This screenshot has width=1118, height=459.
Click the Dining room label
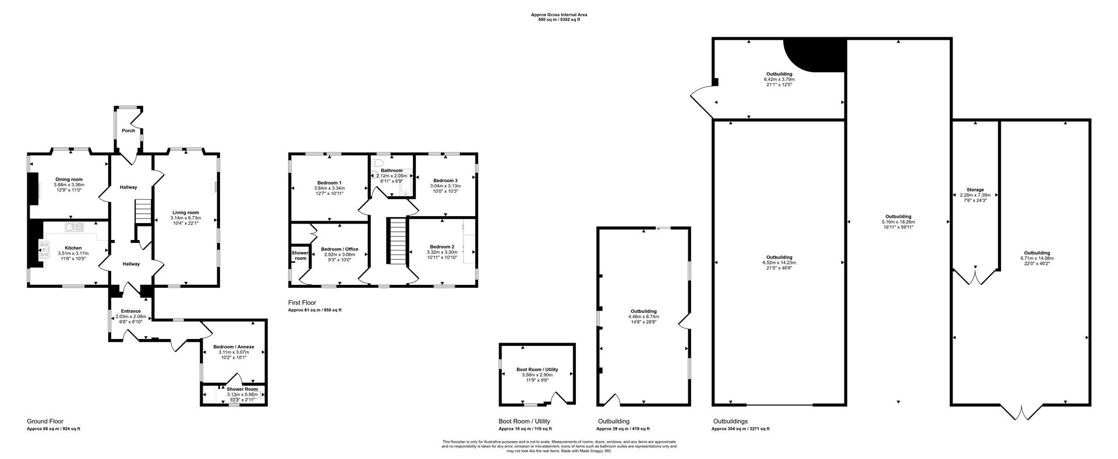click(69, 179)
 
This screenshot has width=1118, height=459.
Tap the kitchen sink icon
click(75, 226)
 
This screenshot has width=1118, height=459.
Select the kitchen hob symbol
click(44, 250)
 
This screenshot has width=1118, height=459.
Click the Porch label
click(128, 130)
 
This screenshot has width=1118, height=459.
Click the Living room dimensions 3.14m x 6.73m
click(185, 218)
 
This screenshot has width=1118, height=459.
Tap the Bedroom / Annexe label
click(233, 347)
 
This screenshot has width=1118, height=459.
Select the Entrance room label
click(130, 311)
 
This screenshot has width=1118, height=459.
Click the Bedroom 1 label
click(329, 183)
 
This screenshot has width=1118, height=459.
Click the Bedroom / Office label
click(339, 249)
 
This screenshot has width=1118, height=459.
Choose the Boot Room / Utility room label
click(537, 369)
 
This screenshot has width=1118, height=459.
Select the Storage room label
click(975, 190)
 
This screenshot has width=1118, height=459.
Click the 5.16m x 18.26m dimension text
click(898, 222)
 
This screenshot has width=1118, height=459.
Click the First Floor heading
click(302, 303)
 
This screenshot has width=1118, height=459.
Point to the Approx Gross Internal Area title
click(558, 15)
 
